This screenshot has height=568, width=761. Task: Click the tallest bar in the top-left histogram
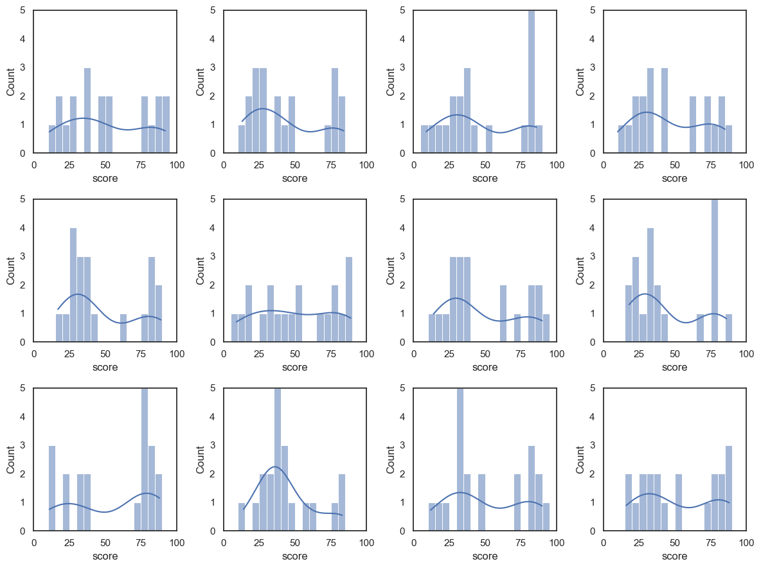(87, 111)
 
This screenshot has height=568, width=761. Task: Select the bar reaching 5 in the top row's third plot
(532, 82)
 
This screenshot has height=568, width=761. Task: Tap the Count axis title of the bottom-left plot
(11, 459)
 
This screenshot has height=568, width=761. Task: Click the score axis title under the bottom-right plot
(674, 556)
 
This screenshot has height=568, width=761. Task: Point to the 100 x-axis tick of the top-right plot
(746, 164)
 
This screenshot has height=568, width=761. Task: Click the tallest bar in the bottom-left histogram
(145, 459)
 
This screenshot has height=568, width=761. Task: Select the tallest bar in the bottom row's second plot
(278, 459)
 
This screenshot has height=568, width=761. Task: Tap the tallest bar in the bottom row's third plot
(460, 459)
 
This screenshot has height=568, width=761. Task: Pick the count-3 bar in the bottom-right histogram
(729, 488)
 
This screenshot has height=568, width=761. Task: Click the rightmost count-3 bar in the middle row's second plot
(349, 299)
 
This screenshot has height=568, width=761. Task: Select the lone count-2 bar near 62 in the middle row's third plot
(503, 314)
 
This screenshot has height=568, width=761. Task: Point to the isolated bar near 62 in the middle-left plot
(123, 328)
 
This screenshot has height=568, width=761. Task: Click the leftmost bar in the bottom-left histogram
(52, 488)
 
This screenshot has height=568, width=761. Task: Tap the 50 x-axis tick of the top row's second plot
(295, 164)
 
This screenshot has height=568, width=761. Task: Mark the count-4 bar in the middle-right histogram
(650, 285)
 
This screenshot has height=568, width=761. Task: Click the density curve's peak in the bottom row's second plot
(275, 466)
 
